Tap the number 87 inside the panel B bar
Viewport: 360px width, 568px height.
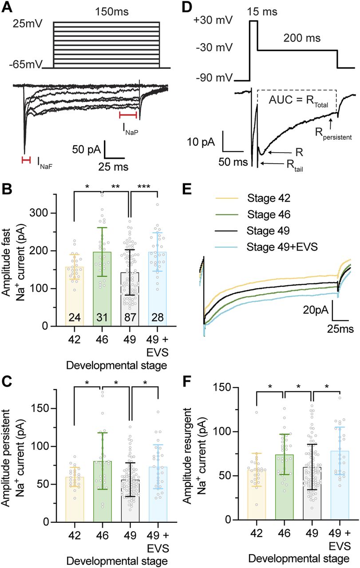130,318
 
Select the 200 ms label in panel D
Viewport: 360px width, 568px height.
297,38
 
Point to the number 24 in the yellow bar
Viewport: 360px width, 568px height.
74,318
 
